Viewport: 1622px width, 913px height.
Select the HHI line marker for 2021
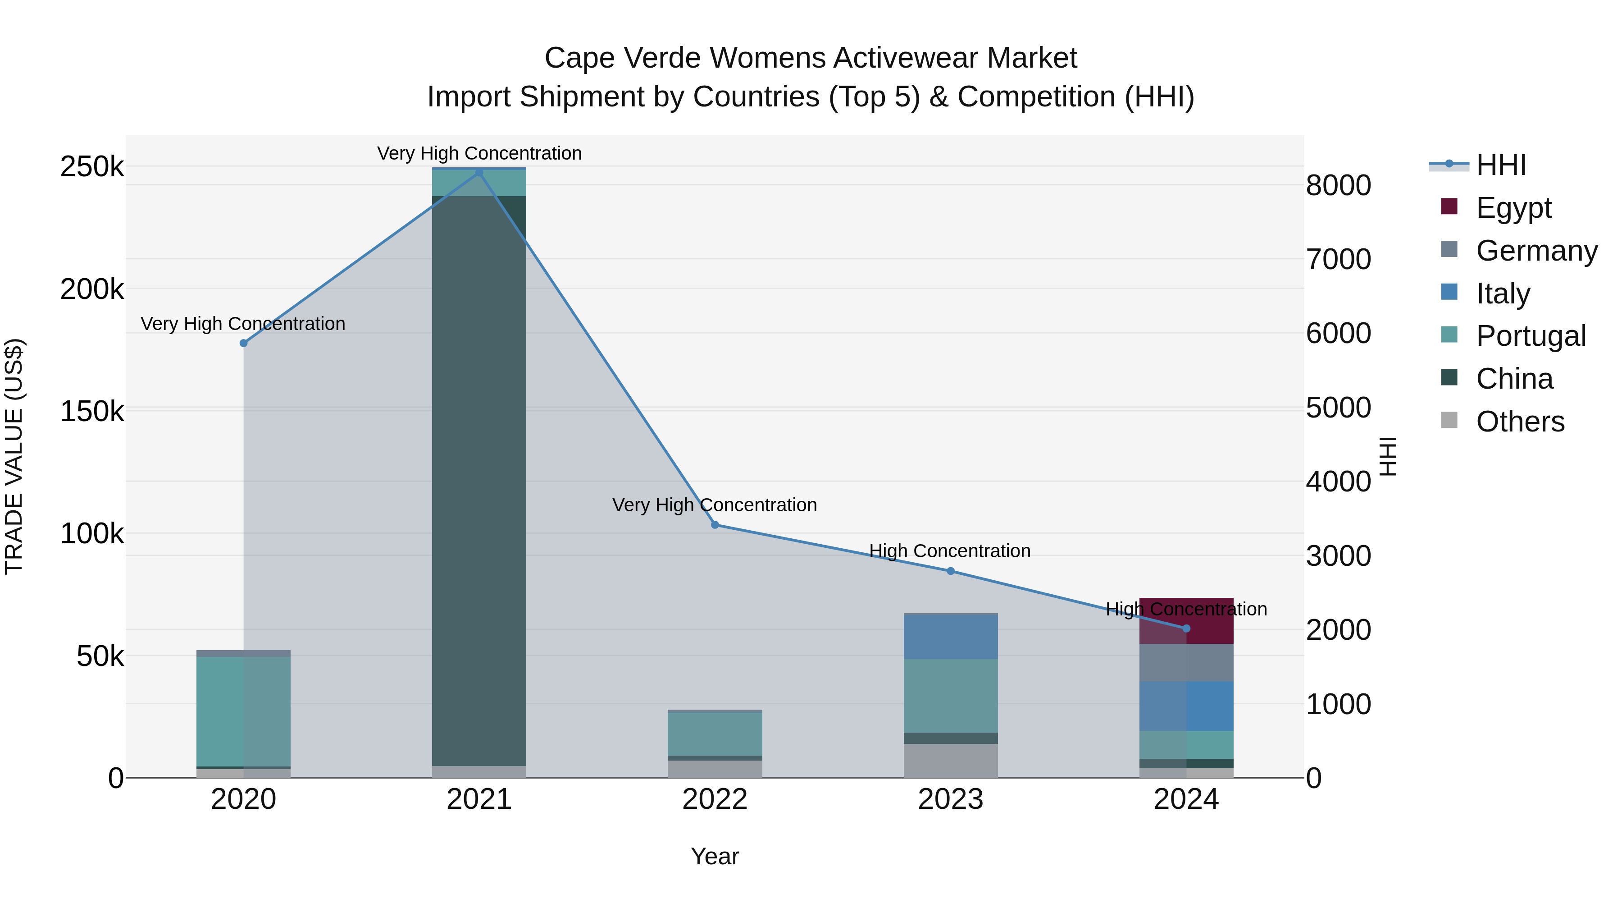tap(479, 172)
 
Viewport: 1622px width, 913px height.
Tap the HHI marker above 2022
tap(715, 525)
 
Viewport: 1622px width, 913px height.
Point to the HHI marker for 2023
tap(951, 571)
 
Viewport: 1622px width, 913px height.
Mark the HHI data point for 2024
tap(1186, 628)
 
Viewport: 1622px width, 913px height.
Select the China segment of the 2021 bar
tap(479, 479)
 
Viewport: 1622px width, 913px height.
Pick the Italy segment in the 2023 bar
tap(951, 636)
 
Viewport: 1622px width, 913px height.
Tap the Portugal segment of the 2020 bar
tap(244, 711)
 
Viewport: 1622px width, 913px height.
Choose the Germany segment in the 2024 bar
tap(1186, 662)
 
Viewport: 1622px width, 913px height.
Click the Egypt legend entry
tap(1513, 208)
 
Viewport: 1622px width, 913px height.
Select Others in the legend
tap(1519, 422)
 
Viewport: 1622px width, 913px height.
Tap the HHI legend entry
tap(1500, 165)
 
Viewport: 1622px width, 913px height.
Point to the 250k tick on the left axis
tap(92, 168)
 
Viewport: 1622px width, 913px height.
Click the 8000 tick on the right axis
tap(1338, 186)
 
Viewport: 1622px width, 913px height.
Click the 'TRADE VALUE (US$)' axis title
tap(14, 456)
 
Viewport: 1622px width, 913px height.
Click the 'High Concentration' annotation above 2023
tap(949, 551)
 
